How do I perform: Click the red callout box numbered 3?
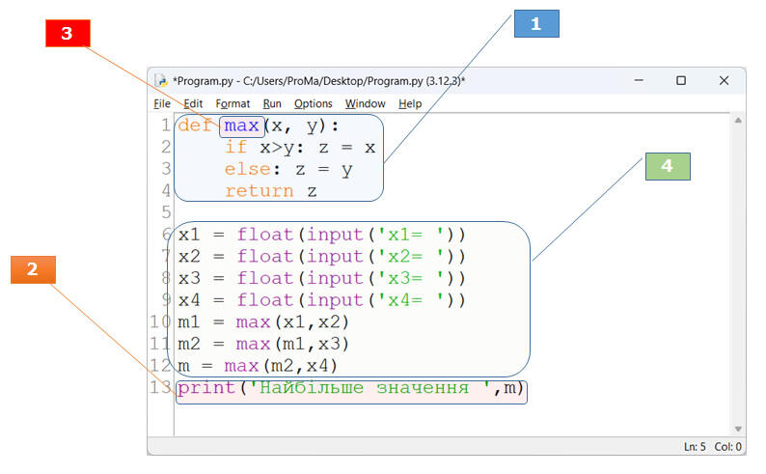[68, 33]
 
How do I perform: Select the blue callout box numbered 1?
[536, 23]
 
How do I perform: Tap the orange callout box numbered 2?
[33, 269]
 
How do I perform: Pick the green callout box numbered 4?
[668, 166]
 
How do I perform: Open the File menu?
[162, 103]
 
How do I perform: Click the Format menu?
[233, 103]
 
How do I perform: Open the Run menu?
[272, 103]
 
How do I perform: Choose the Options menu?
[314, 103]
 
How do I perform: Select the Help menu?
[410, 103]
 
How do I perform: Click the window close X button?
[724, 80]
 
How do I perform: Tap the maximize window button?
[681, 80]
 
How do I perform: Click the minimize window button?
[639, 80]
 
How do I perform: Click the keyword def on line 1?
[195, 125]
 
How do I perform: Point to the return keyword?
[259, 190]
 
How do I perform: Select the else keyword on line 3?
[247, 169]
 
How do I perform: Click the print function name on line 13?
[206, 388]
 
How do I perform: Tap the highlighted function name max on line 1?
[241, 126]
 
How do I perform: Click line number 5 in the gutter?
[167, 212]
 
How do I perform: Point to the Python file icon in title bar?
[161, 81]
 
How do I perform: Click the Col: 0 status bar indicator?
[728, 447]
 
